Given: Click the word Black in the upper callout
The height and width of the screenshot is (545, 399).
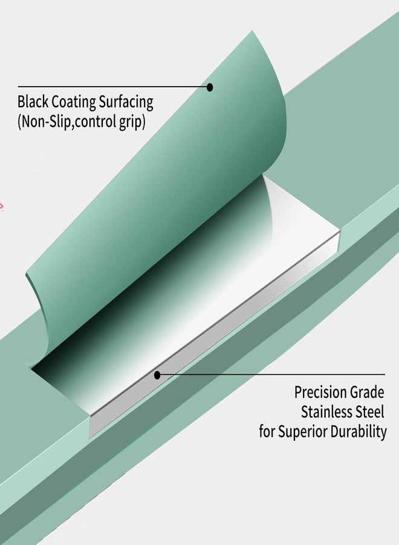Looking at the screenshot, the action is click(33, 102).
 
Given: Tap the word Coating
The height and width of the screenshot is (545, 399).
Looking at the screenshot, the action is click(74, 102).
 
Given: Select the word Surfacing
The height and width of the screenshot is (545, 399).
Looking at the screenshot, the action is click(126, 102).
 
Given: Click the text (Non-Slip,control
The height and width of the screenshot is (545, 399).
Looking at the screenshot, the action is click(66, 121).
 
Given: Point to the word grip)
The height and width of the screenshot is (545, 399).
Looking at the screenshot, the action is click(132, 122).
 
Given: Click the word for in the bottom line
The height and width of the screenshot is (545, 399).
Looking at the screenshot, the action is click(267, 431).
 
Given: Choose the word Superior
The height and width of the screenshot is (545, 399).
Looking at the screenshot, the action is click(302, 432).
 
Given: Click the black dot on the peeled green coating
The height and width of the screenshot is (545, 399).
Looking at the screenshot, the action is click(210, 87).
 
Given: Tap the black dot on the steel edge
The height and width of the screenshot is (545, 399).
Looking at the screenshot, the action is click(157, 375).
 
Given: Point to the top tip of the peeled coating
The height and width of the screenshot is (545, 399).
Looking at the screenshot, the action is click(253, 31).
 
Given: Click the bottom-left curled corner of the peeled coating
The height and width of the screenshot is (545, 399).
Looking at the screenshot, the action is click(31, 367).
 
